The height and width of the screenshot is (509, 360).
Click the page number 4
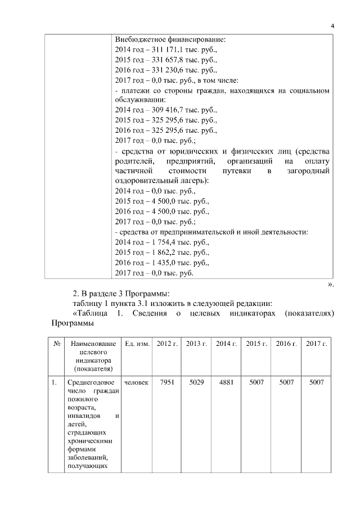click(x=332, y=26)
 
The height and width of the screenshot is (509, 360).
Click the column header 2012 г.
click(x=166, y=344)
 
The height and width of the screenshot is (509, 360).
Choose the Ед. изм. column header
click(x=137, y=344)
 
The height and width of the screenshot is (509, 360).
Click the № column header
click(x=56, y=344)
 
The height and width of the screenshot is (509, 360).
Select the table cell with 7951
click(x=166, y=383)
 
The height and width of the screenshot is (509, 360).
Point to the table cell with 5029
click(x=196, y=383)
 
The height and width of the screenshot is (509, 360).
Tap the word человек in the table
click(x=137, y=383)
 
